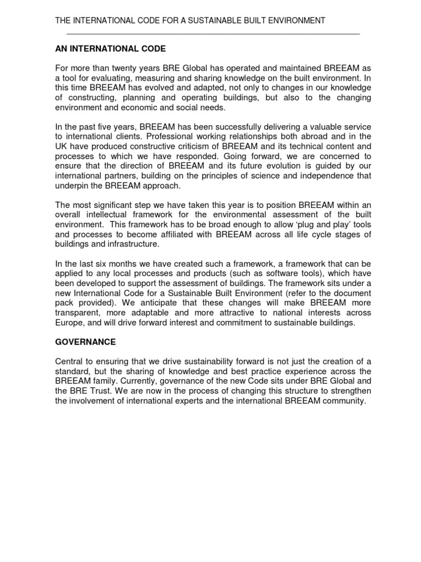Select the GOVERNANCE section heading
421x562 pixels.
coord(86,342)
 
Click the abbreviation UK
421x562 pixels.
coord(61,147)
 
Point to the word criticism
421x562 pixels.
coord(211,147)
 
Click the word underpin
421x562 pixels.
coord(71,186)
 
